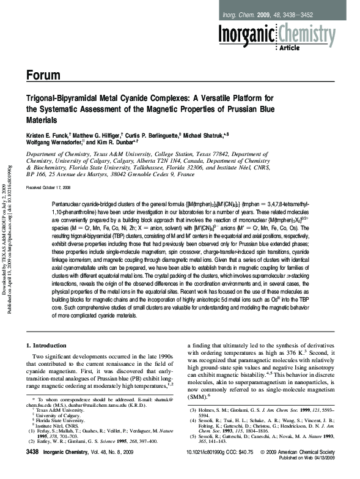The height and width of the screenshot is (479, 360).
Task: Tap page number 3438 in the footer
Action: pos(35,468)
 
